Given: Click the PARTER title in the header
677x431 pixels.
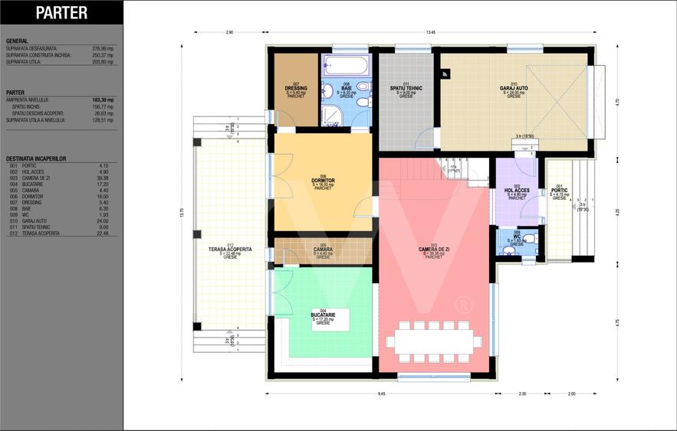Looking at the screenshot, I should pos(61,13).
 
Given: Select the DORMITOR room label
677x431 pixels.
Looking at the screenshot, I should pos(323,181).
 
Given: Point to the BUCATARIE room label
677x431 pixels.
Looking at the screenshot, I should pos(323,315).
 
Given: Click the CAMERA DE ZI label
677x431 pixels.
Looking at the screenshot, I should pos(433,250).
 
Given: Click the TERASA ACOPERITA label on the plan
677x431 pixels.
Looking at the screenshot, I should pos(230,250).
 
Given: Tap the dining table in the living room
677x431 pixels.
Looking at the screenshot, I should pos(434,341).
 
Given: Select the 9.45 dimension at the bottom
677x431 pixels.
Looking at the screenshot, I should pos(381,393).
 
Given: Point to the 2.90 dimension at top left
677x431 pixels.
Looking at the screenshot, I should pos(229,32).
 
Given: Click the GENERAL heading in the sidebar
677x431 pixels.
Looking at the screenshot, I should pos(17,41).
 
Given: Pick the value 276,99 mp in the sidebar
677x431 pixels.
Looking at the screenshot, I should pos(103,47).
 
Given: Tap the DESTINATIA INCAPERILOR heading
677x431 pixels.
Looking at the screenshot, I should pos(36,158).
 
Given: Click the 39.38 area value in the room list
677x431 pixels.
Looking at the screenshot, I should pos(104,178).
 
